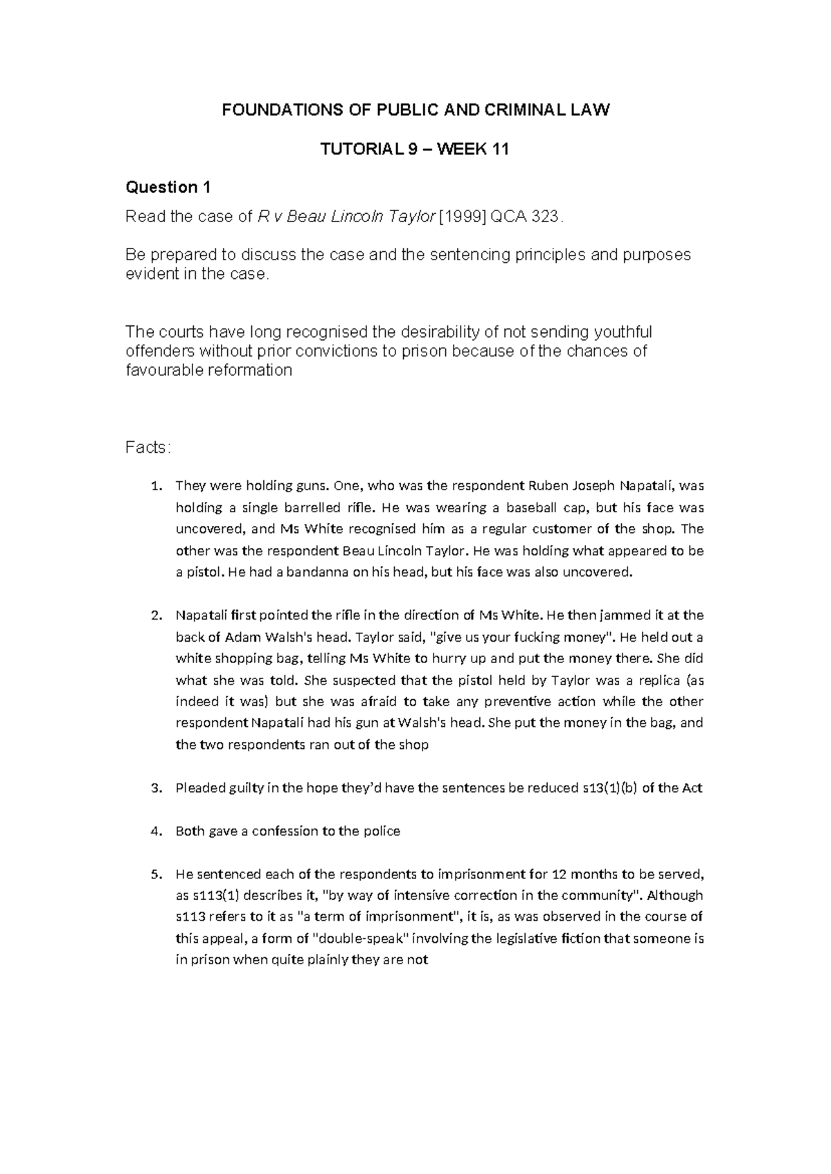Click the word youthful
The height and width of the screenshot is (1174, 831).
pyautogui.click(x=621, y=332)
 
